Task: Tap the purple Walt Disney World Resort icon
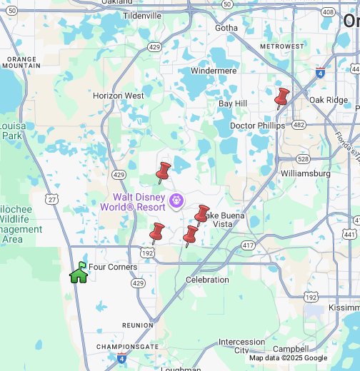(x=174, y=203)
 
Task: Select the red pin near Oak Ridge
(x=281, y=98)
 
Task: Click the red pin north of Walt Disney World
(x=163, y=172)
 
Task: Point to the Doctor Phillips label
(x=252, y=126)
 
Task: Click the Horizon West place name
(x=119, y=96)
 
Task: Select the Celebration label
(x=207, y=280)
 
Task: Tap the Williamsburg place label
(x=306, y=173)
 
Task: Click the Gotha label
(x=226, y=28)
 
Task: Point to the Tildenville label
(x=142, y=15)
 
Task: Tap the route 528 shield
(x=303, y=159)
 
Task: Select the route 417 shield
(x=248, y=245)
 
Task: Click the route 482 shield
(x=299, y=125)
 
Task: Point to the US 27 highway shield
(x=52, y=200)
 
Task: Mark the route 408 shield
(x=328, y=12)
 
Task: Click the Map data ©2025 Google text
(x=288, y=358)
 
